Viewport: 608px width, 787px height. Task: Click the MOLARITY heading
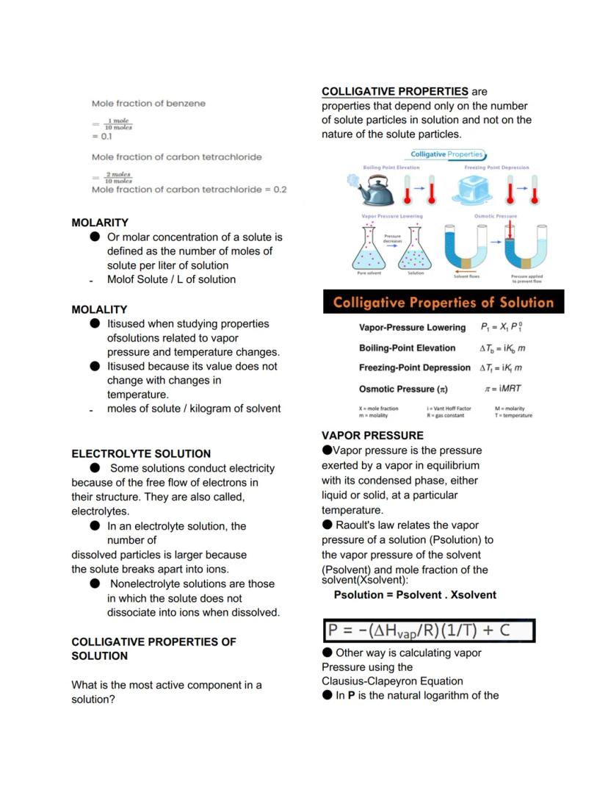tap(100, 222)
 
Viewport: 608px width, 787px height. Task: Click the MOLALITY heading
tap(99, 309)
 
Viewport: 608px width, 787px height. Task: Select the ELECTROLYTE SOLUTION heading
tap(141, 453)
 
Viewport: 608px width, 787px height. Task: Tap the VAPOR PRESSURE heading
tap(372, 436)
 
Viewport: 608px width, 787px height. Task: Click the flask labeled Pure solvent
tap(371, 248)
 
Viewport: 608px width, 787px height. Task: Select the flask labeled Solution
tap(416, 248)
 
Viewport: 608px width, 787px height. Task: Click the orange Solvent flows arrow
tap(466, 270)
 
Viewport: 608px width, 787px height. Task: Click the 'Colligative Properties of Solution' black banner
tap(443, 303)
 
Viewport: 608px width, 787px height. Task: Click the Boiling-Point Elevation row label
tap(407, 348)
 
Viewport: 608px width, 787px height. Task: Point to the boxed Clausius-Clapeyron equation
tap(429, 630)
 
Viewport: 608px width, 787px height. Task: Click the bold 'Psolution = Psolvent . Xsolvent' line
tap(415, 594)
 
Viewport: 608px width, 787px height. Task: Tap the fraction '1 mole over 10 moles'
tap(119, 124)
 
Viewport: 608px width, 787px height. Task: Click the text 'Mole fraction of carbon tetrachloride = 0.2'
tap(189, 190)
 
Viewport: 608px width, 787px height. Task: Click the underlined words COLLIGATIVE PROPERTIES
tap(394, 92)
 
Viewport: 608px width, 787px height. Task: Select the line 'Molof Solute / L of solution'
tap(171, 279)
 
